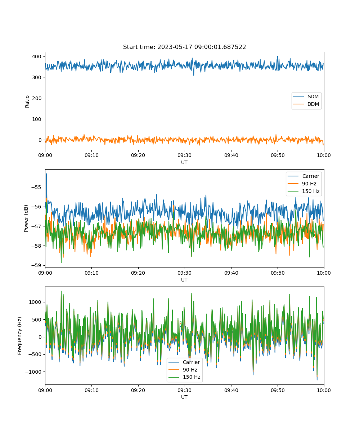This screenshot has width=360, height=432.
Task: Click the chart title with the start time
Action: [184, 47]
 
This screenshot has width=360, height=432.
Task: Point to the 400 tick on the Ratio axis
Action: [37, 57]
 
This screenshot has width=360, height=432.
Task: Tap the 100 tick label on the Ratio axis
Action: [37, 119]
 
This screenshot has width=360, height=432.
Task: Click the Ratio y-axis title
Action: [27, 102]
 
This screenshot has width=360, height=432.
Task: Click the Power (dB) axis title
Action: [26, 218]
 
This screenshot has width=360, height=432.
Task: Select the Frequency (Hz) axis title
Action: [19, 336]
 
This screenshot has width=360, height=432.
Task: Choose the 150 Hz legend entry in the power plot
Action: [303, 191]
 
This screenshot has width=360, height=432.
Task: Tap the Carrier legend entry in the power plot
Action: [303, 176]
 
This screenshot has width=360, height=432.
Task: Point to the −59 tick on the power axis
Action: [36, 265]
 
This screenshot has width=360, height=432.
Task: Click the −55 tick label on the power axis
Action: [36, 187]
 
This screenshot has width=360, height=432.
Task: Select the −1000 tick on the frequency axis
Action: [33, 372]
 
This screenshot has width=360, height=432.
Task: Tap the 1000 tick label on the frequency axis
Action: [35, 302]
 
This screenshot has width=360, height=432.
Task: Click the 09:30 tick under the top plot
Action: [185, 155]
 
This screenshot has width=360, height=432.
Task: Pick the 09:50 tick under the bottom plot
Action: [278, 390]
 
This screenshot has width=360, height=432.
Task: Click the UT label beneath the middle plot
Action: [184, 280]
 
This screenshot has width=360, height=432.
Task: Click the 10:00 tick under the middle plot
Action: [324, 273]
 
